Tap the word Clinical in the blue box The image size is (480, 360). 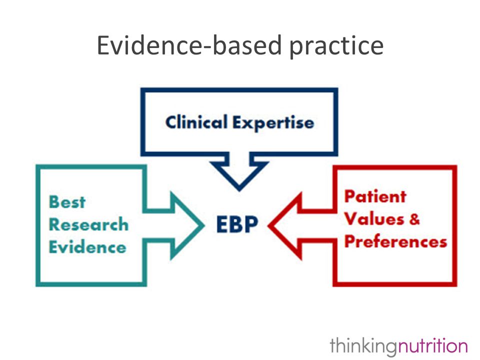196,122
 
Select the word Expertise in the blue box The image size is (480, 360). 273,123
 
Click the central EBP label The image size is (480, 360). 237,224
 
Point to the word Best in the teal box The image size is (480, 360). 67,202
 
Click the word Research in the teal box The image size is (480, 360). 88,224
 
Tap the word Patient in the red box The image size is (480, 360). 375,196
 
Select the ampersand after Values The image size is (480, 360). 414,219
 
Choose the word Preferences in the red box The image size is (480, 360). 395,241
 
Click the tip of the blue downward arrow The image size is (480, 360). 239,191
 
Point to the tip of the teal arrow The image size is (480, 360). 204,225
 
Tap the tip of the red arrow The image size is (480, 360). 268,226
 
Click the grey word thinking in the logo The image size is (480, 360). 363,346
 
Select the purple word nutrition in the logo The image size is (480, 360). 432,345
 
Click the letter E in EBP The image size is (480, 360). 222,224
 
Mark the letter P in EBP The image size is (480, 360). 252,224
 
